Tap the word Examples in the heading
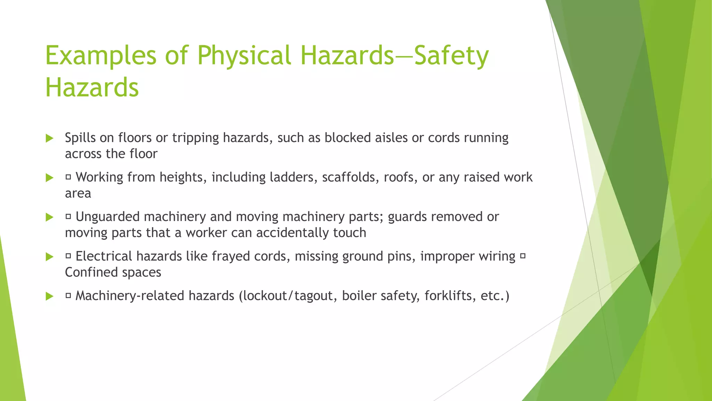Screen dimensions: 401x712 (x=101, y=56)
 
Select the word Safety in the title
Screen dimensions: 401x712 (x=451, y=56)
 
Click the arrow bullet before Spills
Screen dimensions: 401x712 (x=50, y=138)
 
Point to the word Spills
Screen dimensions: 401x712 (x=80, y=138)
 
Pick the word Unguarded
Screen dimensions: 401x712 (x=108, y=217)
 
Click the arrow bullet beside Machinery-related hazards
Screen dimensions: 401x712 (x=50, y=296)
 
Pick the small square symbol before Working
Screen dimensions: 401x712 (x=68, y=178)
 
